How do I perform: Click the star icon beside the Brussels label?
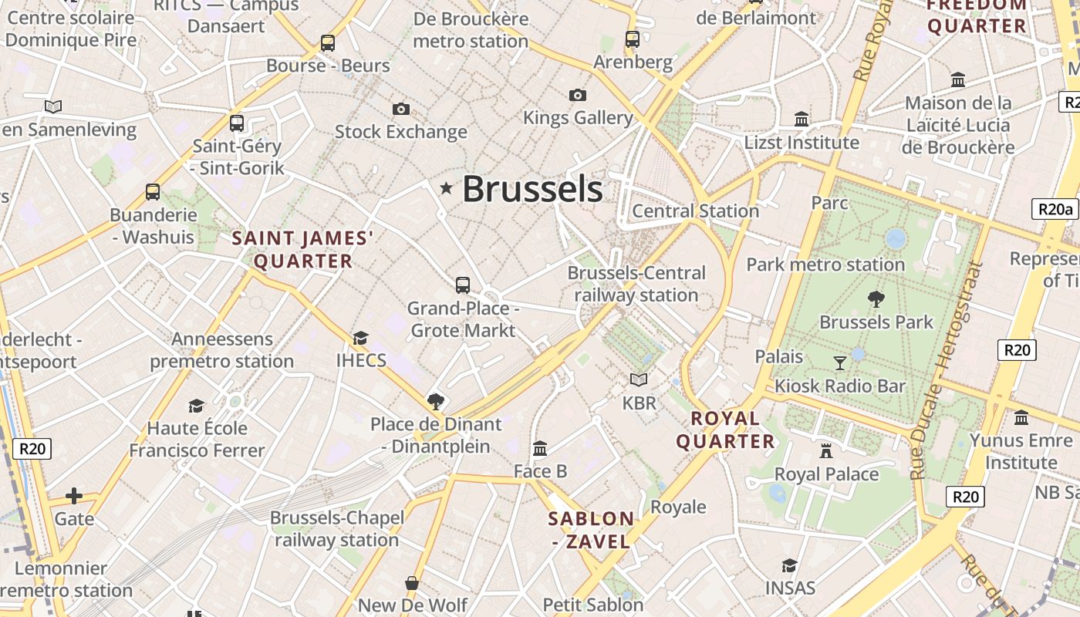click(446, 188)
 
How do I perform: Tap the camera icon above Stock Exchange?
click(401, 109)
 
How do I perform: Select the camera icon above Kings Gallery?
click(577, 95)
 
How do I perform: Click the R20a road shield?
click(1055, 209)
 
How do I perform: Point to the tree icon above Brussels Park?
click(876, 299)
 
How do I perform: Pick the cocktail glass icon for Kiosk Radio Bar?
click(840, 362)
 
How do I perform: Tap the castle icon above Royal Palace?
click(826, 450)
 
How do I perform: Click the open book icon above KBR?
click(639, 379)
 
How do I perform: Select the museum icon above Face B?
click(540, 448)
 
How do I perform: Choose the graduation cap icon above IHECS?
click(360, 338)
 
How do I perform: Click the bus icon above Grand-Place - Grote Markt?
click(463, 285)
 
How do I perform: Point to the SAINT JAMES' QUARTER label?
click(302, 250)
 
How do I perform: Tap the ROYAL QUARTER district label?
click(725, 430)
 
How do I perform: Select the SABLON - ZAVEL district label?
click(592, 530)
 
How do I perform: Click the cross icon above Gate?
click(74, 495)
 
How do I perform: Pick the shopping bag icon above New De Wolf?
click(412, 582)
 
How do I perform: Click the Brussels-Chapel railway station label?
click(337, 528)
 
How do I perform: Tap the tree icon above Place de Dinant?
click(436, 401)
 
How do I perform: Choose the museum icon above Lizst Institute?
click(802, 120)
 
